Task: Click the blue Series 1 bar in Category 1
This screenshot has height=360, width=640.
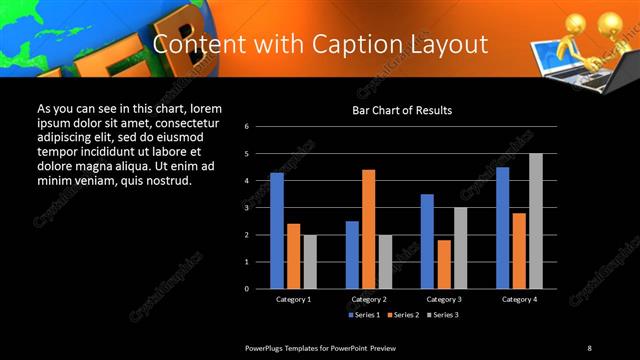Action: point(277,231)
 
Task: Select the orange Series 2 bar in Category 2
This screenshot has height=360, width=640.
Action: point(369,229)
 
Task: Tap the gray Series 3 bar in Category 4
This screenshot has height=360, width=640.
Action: point(536,221)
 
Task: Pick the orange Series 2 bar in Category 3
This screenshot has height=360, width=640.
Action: point(444,264)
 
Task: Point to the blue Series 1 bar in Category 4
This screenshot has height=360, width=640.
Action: point(502,228)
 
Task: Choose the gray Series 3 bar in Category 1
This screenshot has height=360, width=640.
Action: point(310,262)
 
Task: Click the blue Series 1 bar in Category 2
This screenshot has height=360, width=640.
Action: point(352,255)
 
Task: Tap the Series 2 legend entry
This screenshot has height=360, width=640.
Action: point(404,314)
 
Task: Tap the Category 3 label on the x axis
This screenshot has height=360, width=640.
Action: point(444,299)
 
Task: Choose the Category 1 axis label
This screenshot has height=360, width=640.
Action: point(293,299)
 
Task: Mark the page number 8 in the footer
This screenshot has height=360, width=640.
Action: point(589,347)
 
